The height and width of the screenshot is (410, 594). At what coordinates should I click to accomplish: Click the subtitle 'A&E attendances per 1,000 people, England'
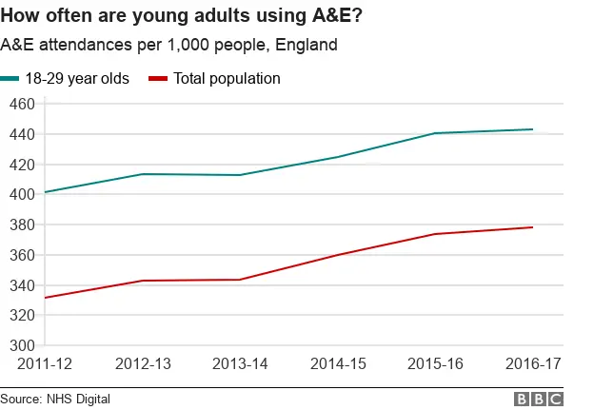(169, 45)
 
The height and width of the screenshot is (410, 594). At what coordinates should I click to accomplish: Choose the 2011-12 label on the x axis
(45, 363)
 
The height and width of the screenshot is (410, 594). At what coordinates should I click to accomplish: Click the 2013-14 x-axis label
(239, 363)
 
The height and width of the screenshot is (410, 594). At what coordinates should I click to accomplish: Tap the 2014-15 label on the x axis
(337, 363)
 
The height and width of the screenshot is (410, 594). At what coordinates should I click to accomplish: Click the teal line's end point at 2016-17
(532, 129)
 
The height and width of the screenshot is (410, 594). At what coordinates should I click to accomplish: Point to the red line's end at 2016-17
(532, 227)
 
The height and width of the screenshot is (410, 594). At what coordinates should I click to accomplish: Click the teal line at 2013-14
(239, 175)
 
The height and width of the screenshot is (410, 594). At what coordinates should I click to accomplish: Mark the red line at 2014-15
(337, 255)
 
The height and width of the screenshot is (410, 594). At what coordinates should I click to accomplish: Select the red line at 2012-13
(142, 281)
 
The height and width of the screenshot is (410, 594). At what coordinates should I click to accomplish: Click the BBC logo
(538, 399)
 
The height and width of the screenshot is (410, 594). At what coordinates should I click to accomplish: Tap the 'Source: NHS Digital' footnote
(55, 399)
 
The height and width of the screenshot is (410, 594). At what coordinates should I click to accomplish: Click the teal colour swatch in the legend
(10, 78)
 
